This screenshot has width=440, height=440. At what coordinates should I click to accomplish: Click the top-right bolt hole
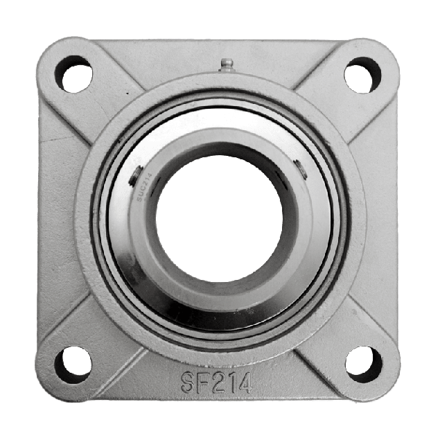(x=362, y=73)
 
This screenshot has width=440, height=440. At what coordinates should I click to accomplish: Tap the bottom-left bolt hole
(x=73, y=362)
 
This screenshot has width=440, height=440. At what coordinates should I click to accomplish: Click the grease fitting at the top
(x=225, y=65)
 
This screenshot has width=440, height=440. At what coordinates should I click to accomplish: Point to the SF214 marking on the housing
(x=215, y=381)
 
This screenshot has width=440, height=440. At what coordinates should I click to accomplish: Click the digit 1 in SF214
(x=231, y=381)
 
